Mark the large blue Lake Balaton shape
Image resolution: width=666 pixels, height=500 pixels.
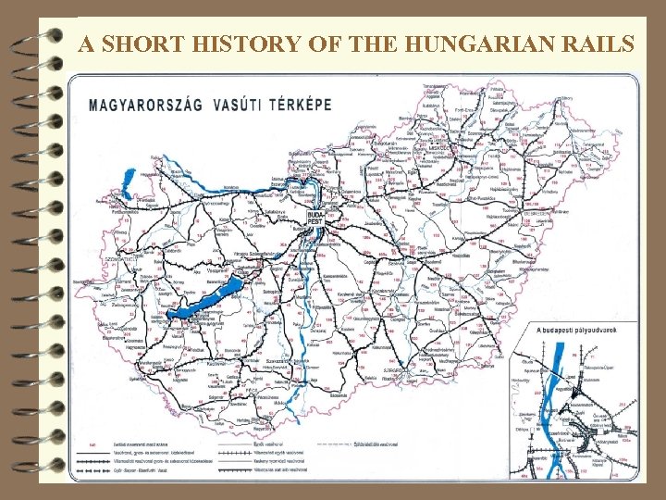[x=207, y=298]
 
